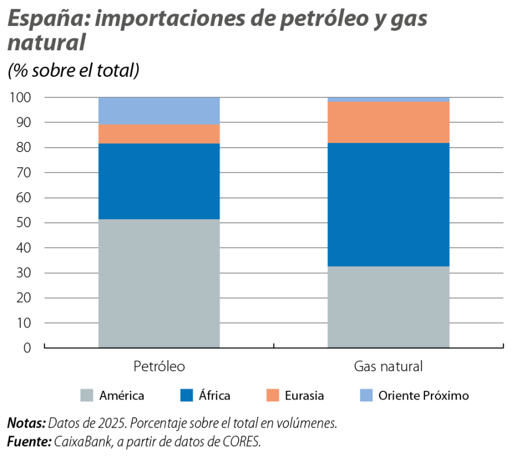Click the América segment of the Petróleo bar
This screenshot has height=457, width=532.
[159, 283]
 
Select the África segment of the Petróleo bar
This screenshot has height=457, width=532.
[159, 181]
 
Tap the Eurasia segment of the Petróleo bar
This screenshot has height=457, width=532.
[159, 134]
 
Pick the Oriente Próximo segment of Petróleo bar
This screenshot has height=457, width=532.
[159, 111]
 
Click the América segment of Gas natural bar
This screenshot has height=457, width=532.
[388, 307]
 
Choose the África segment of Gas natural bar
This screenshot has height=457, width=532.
[388, 205]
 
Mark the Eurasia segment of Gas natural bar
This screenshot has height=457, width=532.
[388, 122]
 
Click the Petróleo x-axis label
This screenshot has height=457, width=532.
[159, 367]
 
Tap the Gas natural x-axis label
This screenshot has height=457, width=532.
[388, 367]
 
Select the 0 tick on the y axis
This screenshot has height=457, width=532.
[27, 348]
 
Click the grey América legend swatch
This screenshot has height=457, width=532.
[87, 396]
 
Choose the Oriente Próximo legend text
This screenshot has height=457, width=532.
[423, 396]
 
